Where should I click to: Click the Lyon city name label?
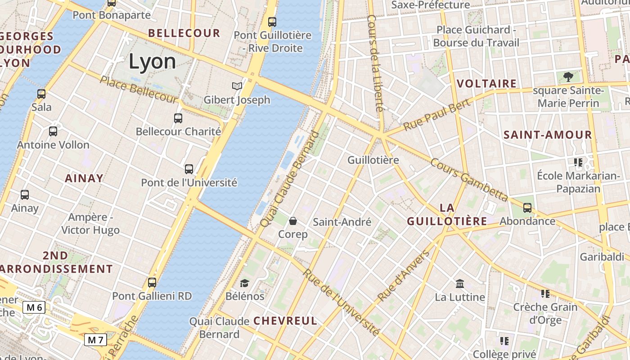(x=152, y=61)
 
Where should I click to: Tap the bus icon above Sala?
(x=41, y=94)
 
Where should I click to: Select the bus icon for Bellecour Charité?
(x=178, y=118)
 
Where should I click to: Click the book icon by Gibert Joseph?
(x=237, y=86)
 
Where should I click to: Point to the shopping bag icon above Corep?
(x=293, y=220)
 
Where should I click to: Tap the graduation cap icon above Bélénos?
(x=244, y=283)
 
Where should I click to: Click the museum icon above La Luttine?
(x=460, y=283)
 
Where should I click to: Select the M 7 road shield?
(x=95, y=340)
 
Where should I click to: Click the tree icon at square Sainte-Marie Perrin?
(x=568, y=77)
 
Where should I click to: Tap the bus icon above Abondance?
(x=527, y=208)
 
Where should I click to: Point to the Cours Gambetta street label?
(x=469, y=179)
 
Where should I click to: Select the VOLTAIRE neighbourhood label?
(x=486, y=84)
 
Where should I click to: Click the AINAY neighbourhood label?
(x=84, y=178)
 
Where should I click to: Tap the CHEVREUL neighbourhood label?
(x=285, y=321)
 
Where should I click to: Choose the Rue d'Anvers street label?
(x=404, y=275)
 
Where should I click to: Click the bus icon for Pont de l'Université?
(x=189, y=169)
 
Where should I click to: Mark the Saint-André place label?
(x=342, y=222)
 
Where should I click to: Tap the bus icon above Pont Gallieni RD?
(x=152, y=283)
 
